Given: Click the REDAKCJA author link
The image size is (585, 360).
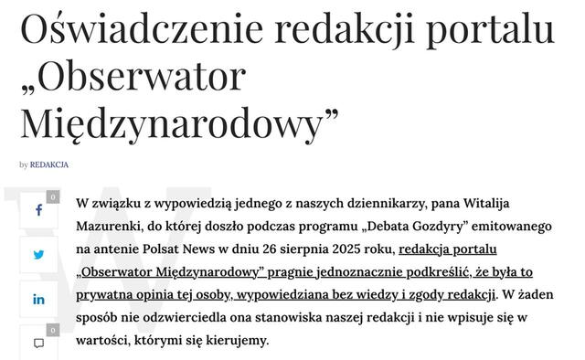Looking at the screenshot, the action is point(49,165).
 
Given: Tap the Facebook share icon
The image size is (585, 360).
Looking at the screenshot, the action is point(38,210).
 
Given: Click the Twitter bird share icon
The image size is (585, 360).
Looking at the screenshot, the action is point(38,255).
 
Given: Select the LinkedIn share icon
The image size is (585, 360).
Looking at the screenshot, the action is point(38,299).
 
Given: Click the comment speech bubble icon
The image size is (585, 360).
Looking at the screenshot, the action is point(38,343).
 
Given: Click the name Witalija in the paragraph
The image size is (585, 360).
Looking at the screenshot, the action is point(495,201).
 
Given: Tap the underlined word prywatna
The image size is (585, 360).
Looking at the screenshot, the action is point(104,295).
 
